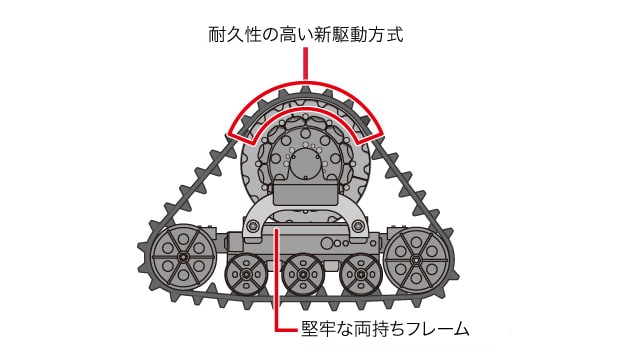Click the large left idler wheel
(x=183, y=257)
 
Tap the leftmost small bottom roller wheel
(x=247, y=274)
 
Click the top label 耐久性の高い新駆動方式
(x=305, y=35)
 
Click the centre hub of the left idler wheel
(x=183, y=257)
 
